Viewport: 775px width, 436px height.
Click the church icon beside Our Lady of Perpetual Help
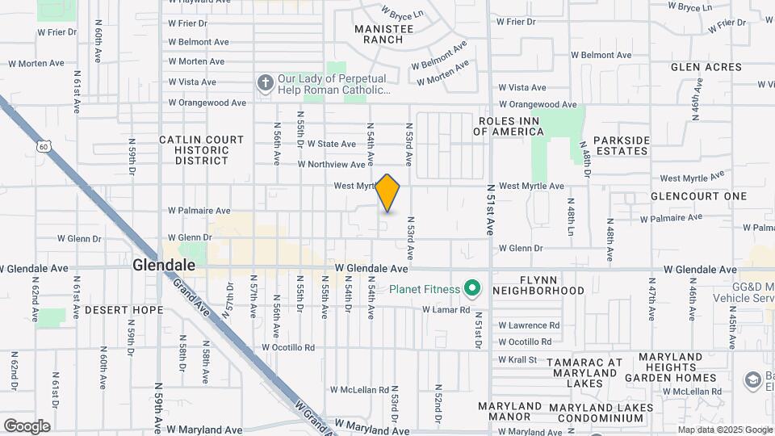pos(265,82)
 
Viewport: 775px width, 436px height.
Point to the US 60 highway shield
pos(44,146)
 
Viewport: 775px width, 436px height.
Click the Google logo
pos(27,426)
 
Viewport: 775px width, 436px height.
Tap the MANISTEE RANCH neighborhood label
pos(384,34)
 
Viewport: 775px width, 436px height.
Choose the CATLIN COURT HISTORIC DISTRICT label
pos(202,149)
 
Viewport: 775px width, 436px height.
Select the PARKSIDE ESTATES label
pos(621,145)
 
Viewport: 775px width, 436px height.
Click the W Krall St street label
pos(517,359)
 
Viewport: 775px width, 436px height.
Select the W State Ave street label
pos(331,145)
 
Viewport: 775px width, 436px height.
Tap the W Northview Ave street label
pos(332,165)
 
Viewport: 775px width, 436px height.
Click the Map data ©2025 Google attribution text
pos(723,430)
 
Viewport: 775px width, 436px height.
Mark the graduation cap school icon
pos(753,379)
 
